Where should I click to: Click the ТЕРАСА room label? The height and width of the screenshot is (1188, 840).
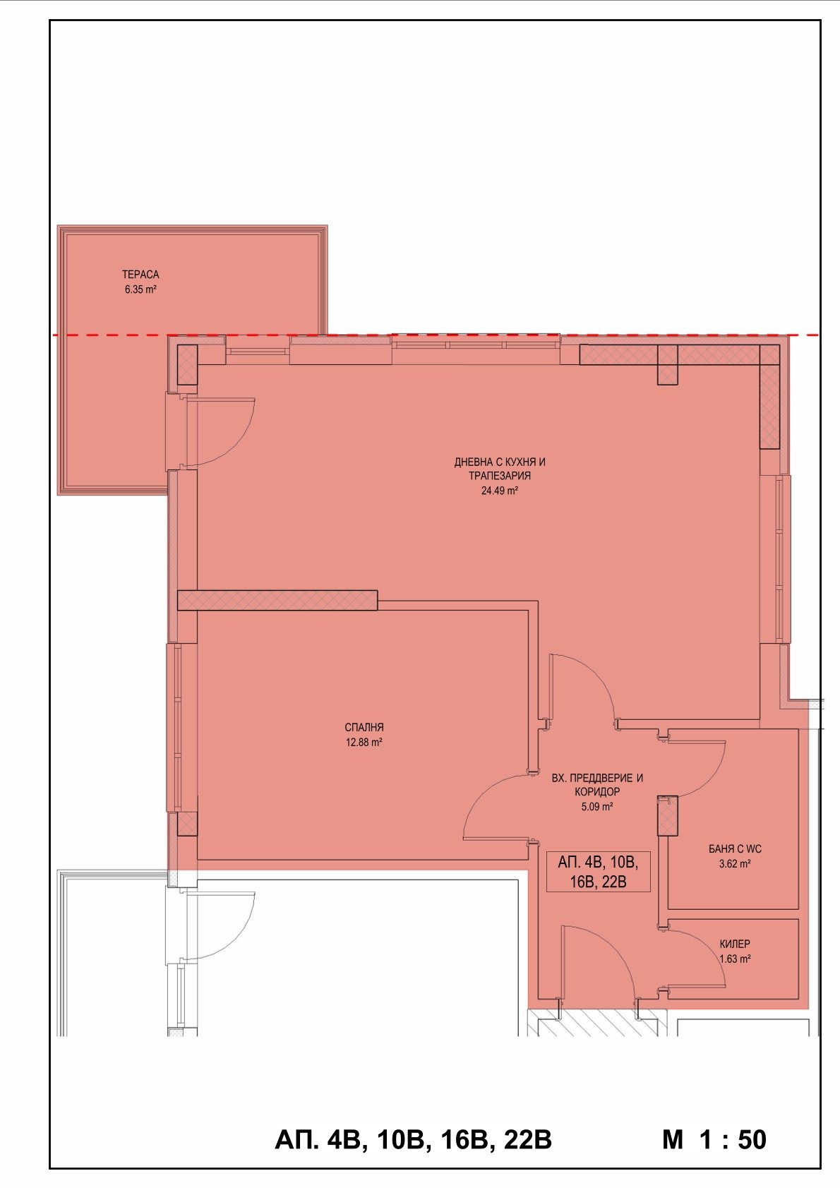point(140,275)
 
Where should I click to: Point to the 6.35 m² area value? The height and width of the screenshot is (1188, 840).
point(140,289)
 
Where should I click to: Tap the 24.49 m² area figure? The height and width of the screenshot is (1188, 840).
point(500,491)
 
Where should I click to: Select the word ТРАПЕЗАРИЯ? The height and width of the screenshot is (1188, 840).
point(500,476)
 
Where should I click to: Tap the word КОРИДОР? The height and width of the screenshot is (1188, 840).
point(597,792)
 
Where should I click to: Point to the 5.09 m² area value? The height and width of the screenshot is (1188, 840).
point(597,807)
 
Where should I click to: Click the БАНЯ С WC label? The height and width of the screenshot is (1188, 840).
point(734,849)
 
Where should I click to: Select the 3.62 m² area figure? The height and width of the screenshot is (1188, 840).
point(734,864)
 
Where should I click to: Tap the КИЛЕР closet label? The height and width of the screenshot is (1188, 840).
point(735,944)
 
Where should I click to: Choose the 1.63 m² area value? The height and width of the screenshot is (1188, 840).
point(735,959)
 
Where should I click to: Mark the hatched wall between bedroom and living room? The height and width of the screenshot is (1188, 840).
point(277,601)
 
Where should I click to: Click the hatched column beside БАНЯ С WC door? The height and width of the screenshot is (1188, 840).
point(668,816)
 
